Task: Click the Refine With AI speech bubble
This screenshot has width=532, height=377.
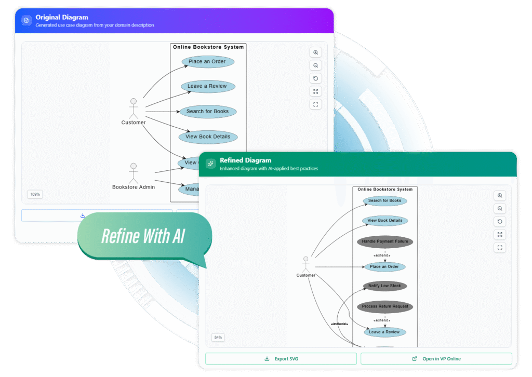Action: (143, 236)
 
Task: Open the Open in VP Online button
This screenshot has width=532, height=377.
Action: (436, 359)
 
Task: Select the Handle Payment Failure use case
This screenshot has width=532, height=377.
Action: (384, 241)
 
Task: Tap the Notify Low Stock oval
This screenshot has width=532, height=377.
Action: (384, 286)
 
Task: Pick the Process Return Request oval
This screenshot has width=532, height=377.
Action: (384, 306)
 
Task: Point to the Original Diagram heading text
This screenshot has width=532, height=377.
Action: (61, 17)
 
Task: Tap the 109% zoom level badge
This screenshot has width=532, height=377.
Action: (35, 194)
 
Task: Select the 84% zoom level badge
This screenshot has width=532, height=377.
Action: (218, 338)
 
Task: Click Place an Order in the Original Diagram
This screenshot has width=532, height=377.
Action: (207, 62)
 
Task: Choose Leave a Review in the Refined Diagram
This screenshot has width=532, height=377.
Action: (384, 332)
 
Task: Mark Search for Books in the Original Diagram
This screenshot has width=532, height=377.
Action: (207, 111)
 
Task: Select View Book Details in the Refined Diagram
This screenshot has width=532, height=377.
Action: (384, 221)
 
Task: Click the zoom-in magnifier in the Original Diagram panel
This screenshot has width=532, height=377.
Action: (315, 52)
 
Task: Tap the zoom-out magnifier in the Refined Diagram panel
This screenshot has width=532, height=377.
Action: (500, 209)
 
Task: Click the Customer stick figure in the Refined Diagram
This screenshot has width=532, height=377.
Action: (305, 263)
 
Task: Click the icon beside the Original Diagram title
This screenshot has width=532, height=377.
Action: (26, 20)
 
